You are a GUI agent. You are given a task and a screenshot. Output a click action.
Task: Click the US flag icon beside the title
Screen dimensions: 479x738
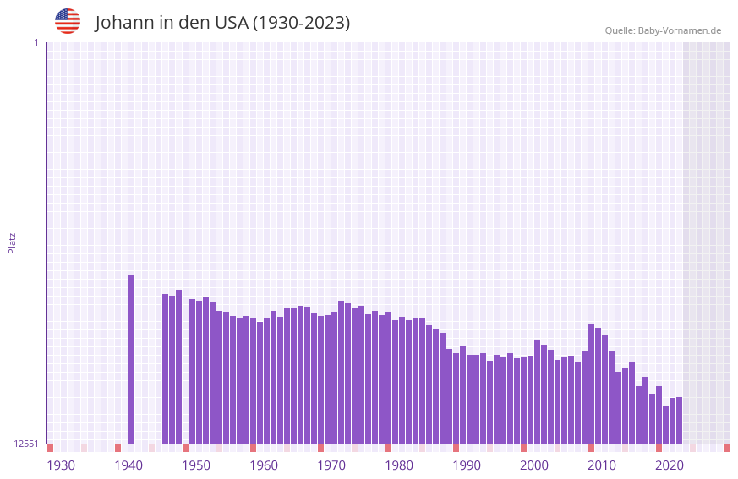(x=68, y=21)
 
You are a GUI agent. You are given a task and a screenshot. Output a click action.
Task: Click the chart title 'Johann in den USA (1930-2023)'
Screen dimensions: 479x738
(x=222, y=23)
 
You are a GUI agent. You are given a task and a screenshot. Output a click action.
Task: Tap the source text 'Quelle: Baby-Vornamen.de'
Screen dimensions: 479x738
(x=663, y=30)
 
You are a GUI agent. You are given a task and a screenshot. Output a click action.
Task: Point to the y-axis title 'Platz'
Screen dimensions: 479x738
(x=12, y=242)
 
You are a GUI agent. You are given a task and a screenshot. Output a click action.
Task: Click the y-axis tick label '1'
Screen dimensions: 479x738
(x=36, y=42)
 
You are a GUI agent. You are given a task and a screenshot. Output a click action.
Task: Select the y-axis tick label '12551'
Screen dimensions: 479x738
(x=26, y=444)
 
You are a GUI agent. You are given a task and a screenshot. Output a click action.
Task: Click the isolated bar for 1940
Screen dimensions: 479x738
(x=131, y=359)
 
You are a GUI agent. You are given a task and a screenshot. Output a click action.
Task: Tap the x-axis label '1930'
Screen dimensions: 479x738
(x=61, y=465)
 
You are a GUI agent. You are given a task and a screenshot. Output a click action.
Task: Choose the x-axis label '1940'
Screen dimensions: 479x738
(x=128, y=465)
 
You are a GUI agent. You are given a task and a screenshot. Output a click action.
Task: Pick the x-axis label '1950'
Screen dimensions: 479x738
(x=196, y=465)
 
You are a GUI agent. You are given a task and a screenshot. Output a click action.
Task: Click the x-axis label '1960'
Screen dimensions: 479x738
(x=264, y=465)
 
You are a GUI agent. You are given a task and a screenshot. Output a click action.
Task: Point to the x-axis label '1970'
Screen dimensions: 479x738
(x=331, y=465)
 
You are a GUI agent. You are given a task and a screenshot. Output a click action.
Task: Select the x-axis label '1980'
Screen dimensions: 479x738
(x=399, y=465)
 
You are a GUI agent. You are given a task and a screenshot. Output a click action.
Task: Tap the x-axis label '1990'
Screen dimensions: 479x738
(x=467, y=465)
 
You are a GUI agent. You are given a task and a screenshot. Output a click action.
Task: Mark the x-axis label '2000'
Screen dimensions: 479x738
(x=534, y=465)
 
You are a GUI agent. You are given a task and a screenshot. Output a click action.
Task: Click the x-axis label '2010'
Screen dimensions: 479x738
(x=602, y=465)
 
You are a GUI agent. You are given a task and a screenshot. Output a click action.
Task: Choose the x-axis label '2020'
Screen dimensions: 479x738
(x=670, y=465)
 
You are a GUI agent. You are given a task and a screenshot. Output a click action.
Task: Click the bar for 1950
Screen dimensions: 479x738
(x=199, y=372)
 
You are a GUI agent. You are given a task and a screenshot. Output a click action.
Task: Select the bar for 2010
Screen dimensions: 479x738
(x=604, y=389)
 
